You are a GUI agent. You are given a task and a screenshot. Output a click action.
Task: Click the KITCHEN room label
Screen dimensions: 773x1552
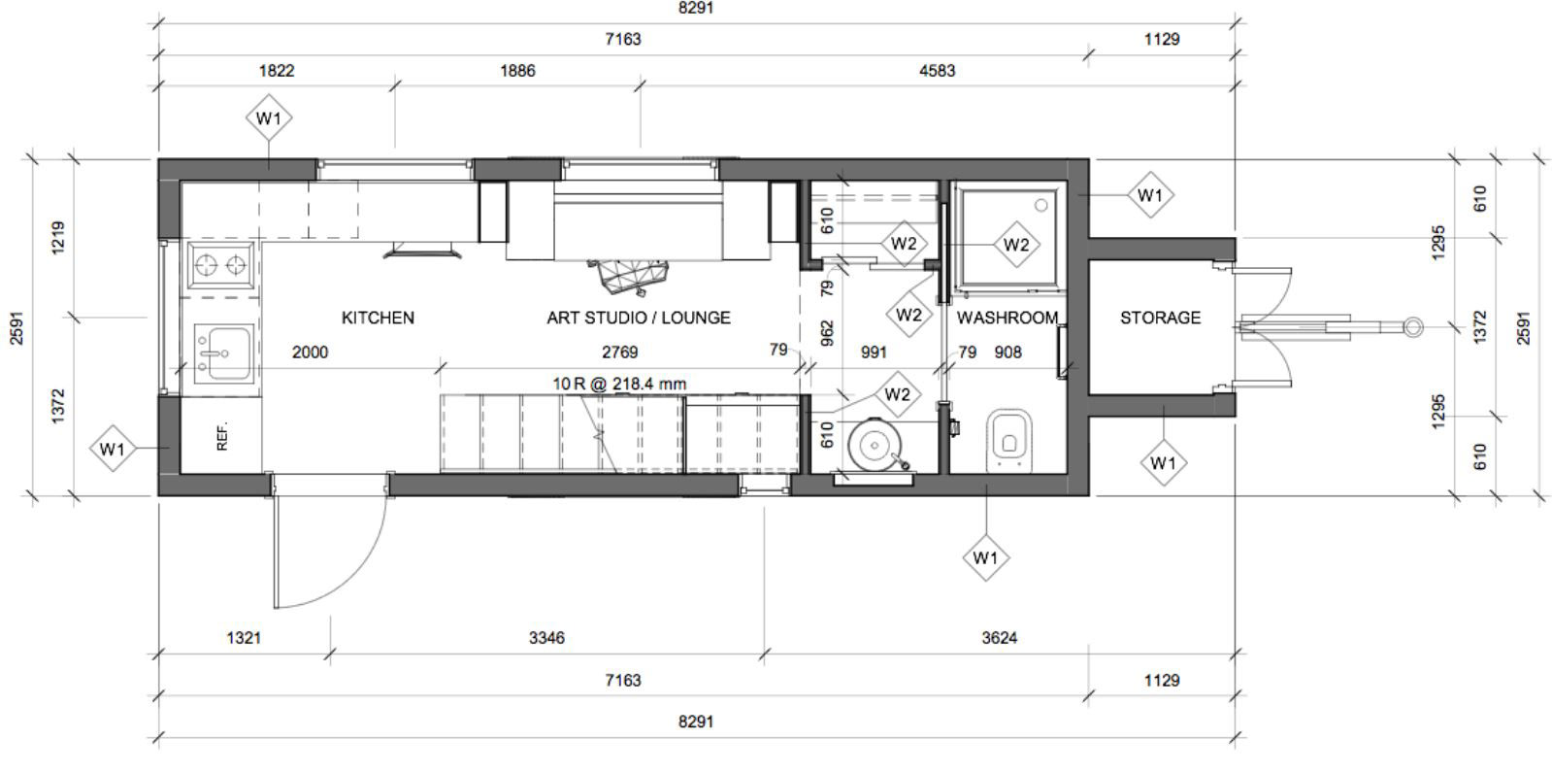pos(378,318)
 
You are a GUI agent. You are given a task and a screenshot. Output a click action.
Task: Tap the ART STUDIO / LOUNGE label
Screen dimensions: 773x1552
pos(638,318)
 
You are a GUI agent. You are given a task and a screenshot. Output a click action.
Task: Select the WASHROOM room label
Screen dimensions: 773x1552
pos(1007,318)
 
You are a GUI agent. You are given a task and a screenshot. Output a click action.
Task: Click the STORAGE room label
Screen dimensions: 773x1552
pos(1160,318)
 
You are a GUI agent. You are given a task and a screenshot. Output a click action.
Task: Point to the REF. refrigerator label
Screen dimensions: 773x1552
pos(222,436)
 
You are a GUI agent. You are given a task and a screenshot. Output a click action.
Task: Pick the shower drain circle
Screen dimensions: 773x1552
pos(1041,206)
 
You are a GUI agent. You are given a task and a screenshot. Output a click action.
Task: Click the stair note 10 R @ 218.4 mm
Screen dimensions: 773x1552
pos(619,384)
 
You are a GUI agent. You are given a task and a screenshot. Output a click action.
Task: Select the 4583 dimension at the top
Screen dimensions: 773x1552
pos(937,70)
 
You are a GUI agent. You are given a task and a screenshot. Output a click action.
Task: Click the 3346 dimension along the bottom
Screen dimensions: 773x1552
pos(546,638)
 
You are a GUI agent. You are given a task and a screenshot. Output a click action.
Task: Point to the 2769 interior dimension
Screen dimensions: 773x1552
pos(619,352)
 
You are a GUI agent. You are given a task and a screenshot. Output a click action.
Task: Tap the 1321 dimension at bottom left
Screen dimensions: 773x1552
pos(243,638)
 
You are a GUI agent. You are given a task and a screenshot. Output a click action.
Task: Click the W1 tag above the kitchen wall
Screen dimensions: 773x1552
pos(269,118)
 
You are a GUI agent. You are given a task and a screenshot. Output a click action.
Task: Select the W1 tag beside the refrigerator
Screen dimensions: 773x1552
pos(113,449)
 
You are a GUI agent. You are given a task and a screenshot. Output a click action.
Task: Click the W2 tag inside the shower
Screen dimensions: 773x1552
pos(1015,245)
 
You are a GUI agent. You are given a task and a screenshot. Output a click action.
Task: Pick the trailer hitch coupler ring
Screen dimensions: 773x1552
pos(1413,327)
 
